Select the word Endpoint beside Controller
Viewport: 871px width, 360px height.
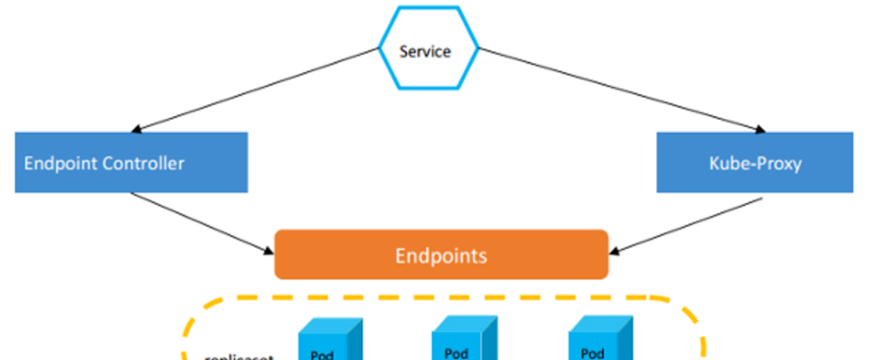(x=58, y=163)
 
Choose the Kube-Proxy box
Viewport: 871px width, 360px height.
(x=755, y=163)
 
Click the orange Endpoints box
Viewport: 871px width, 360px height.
(x=441, y=255)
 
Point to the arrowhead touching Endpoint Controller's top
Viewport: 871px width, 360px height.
(x=138, y=130)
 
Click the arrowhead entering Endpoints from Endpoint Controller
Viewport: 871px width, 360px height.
(x=269, y=251)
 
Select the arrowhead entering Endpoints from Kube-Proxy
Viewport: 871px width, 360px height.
(x=615, y=251)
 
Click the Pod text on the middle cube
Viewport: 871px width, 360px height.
(x=456, y=353)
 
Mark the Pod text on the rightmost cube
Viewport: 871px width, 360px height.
(x=592, y=353)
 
